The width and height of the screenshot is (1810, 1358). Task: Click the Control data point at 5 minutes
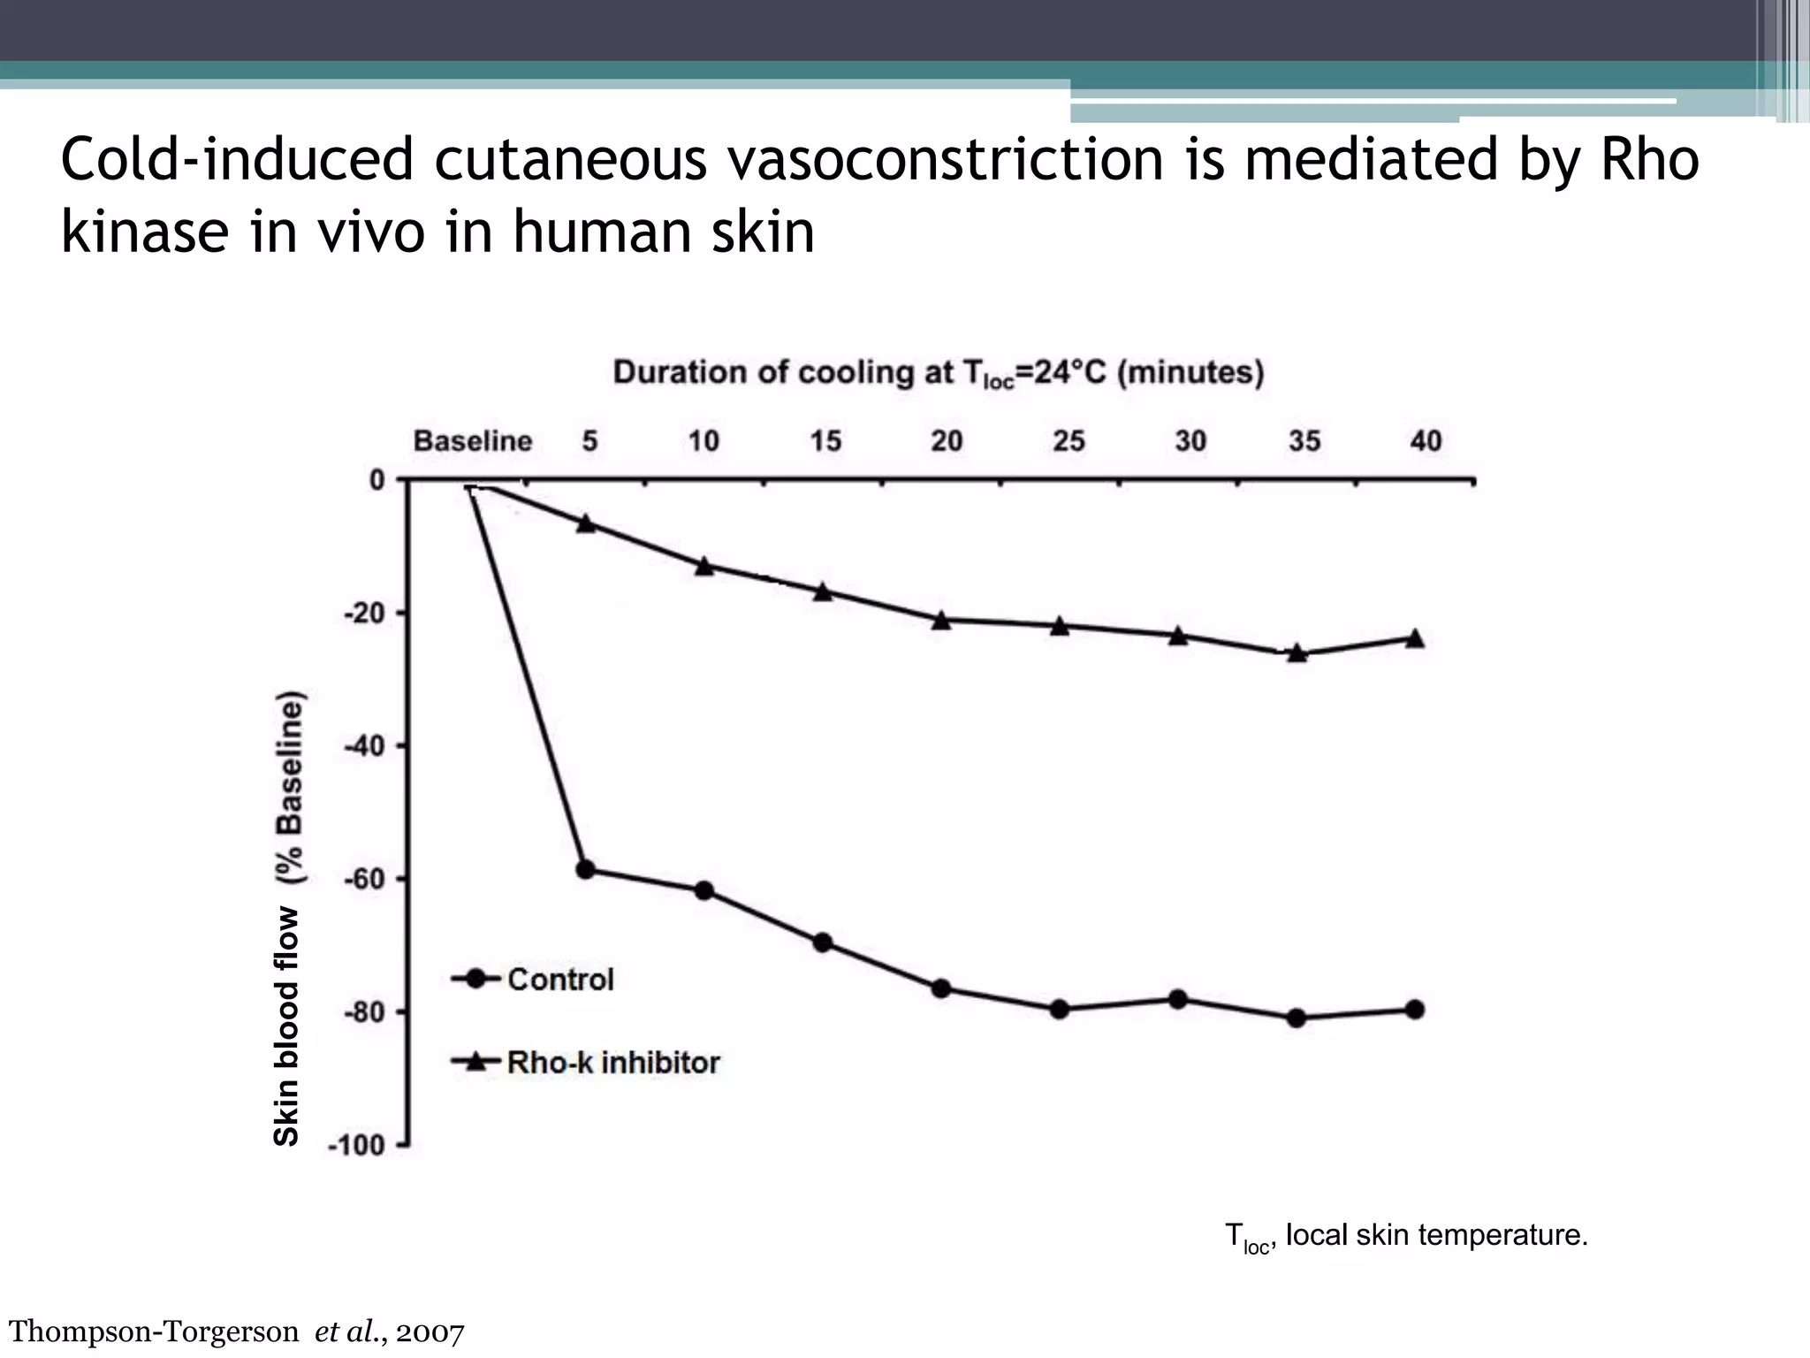(585, 870)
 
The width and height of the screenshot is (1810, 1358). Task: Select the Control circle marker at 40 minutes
(1414, 1010)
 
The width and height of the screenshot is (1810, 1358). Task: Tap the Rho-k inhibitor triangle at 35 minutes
(1297, 653)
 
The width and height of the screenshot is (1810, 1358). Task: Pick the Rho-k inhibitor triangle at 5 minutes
(585, 523)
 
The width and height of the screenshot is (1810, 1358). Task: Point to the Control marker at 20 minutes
(941, 988)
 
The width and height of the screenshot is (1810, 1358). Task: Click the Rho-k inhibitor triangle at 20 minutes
(941, 620)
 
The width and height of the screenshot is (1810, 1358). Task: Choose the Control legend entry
(533, 980)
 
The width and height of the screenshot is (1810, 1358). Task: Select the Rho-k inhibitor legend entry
(586, 1062)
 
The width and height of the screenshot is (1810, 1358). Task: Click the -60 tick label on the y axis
(364, 879)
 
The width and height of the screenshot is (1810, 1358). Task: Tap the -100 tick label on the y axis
(357, 1146)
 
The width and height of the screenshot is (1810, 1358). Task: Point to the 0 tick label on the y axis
(377, 480)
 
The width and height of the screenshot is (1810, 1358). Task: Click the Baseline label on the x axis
(473, 441)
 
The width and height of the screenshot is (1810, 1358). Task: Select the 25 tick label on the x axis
(1068, 441)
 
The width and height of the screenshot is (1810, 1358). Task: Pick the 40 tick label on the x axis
(1425, 441)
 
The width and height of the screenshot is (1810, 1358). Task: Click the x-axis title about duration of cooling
(938, 373)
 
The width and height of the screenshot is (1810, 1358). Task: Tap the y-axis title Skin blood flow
(288, 919)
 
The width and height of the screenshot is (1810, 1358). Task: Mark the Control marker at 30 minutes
(1178, 1000)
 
